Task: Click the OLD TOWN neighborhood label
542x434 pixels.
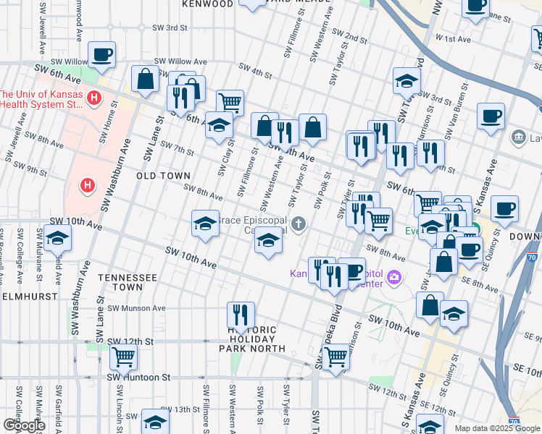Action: [163, 176]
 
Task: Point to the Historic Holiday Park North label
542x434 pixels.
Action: [248, 339]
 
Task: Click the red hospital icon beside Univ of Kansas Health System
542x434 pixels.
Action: [93, 98]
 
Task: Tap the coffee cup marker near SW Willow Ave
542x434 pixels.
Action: [101, 54]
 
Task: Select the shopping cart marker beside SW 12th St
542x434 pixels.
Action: [123, 356]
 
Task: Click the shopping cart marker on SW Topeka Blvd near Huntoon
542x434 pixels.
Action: [335, 357]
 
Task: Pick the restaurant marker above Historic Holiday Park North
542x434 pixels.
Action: [241, 314]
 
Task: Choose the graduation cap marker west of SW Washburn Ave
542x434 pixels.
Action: [57, 238]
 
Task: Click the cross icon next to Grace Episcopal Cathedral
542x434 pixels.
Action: [299, 225]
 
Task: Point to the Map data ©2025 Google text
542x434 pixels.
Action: [497, 428]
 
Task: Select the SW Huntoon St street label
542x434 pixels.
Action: [138, 377]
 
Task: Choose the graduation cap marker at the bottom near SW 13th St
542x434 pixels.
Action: [154, 422]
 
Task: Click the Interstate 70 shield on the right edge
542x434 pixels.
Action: [532, 255]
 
